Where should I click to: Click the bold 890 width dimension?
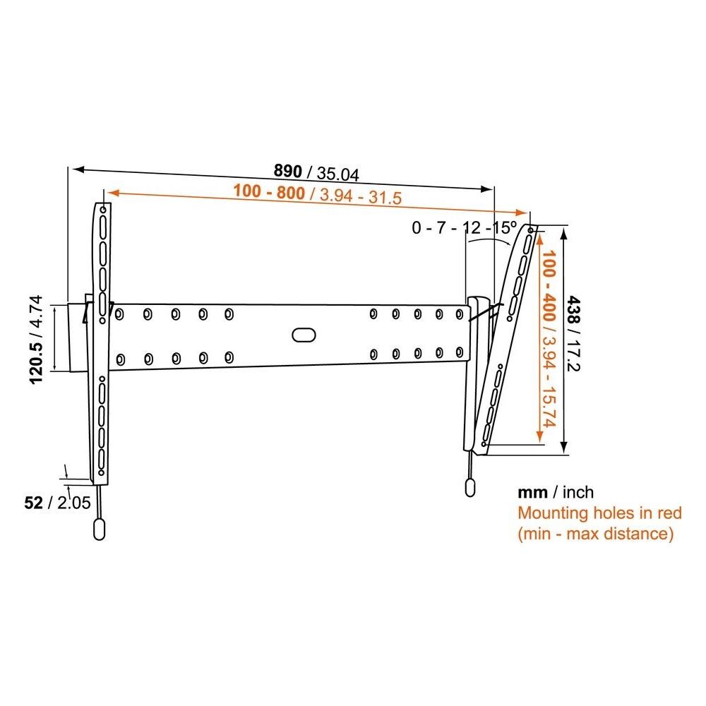tap(288, 172)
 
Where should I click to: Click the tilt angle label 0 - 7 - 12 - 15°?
tap(465, 227)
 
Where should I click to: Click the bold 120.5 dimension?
tap(37, 359)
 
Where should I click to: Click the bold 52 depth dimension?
tap(32, 503)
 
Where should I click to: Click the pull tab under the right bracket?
tap(469, 488)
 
